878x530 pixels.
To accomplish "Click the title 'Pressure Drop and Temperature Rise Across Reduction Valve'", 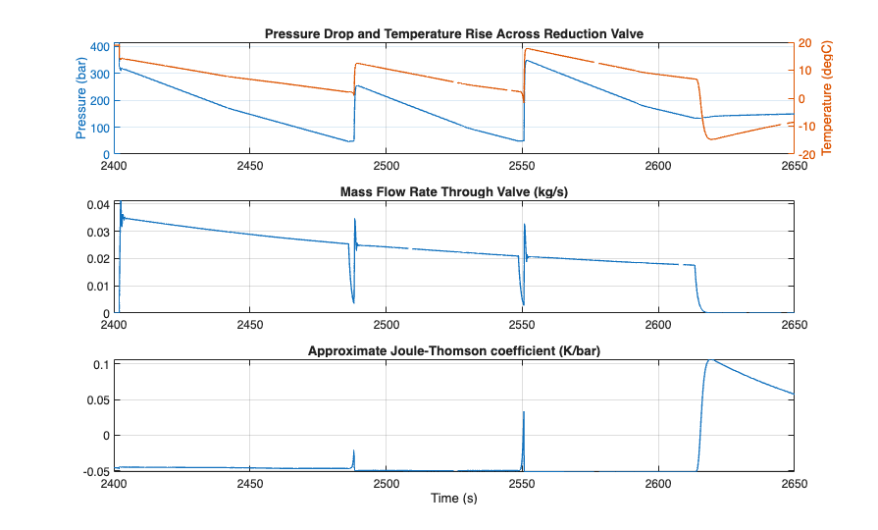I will coord(454,33).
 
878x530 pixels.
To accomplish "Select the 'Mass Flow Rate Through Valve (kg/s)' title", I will coord(454,191).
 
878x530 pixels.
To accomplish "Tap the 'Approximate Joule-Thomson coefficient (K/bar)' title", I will coord(454,350).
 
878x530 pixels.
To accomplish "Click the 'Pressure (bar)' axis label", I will coord(80,100).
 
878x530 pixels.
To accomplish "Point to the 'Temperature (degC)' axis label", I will coord(826,100).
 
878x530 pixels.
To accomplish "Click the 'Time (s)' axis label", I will coord(454,499).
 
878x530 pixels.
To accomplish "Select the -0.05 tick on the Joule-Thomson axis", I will coord(94,471).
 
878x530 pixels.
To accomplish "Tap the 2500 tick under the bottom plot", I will coord(387,484).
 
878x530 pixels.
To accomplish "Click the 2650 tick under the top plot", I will coord(793,166).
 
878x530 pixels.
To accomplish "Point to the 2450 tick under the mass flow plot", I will coord(250,325).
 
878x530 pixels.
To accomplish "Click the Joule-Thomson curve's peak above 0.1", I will coord(709,359).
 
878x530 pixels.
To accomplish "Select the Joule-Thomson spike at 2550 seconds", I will coord(524,412).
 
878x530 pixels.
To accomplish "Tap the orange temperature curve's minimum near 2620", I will coord(710,139).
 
